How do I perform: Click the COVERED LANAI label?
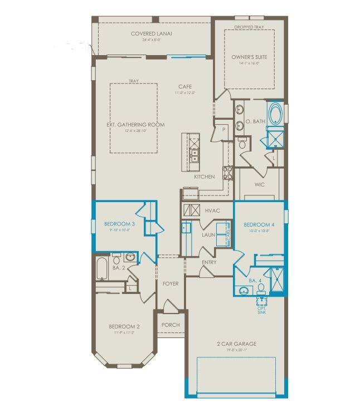coord(151,33)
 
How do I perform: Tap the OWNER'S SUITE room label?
coord(250,57)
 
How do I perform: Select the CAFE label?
coord(185,86)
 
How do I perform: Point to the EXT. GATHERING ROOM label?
coord(135,125)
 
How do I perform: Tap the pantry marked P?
coord(223,129)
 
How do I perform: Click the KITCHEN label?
coord(204,176)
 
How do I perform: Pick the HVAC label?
coord(213,210)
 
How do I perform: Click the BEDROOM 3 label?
coord(118,224)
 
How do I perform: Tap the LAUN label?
coord(208,235)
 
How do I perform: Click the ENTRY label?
coord(209,262)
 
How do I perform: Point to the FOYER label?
coord(171,283)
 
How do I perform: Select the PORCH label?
coord(170,325)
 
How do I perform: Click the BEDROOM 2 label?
coord(124,326)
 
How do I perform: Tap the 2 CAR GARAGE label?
coord(237,344)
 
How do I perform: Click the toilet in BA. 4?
coord(261,288)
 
